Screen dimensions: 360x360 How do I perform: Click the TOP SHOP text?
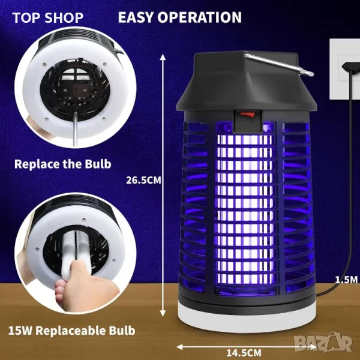click(47, 17)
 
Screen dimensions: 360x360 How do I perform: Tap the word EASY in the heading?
click(136, 17)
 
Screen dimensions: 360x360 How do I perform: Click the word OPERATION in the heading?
click(200, 17)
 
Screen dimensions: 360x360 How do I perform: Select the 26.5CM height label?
click(143, 180)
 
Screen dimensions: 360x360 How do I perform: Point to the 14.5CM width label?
click(244, 352)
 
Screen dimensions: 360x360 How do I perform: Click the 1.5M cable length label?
click(346, 280)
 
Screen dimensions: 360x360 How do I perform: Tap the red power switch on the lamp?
click(247, 114)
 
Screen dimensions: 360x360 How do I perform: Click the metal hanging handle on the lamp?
click(278, 65)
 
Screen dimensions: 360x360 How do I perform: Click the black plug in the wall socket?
click(351, 67)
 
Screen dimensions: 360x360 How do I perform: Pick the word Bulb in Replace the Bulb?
click(98, 164)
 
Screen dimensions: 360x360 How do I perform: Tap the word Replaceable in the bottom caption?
click(70, 331)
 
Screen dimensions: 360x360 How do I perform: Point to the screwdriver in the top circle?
click(75, 128)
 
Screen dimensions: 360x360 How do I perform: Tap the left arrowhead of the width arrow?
click(179, 347)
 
